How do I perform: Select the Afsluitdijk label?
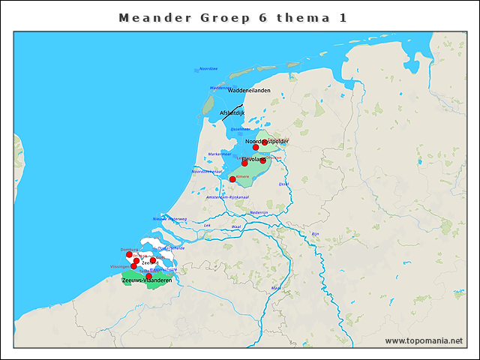(232, 113)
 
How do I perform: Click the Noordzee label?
(208, 69)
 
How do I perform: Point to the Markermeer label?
(219, 154)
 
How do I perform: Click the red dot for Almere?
(232, 179)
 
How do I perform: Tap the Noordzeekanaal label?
(207, 172)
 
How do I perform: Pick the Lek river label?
(207, 225)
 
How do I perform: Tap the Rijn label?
(316, 234)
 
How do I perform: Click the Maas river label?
(276, 287)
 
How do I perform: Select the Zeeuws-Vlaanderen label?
(147, 280)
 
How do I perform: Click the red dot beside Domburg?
(129, 254)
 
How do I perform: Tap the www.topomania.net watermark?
(424, 340)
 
